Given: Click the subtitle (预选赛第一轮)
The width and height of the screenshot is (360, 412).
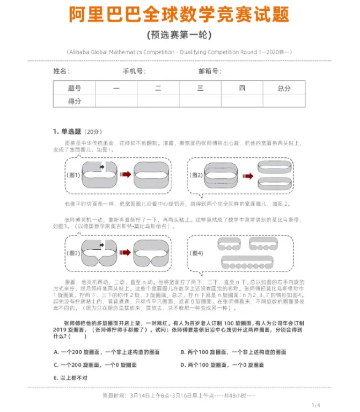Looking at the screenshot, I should pos(179,35).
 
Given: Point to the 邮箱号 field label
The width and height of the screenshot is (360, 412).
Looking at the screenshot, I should pos(209,71).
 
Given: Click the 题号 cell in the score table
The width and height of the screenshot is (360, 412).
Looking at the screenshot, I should pos(75,88).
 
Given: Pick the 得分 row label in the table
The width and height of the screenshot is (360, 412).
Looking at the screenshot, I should pos(75,101).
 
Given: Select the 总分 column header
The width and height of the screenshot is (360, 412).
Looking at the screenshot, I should pos(284,88).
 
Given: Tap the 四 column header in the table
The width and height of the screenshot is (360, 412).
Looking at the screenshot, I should pos(242,88).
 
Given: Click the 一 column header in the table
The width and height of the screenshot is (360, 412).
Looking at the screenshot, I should pos(116,88).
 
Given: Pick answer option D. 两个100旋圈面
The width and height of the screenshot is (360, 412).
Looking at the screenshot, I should pos(222,365).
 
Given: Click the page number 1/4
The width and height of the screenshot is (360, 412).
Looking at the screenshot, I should pos(315,404).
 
